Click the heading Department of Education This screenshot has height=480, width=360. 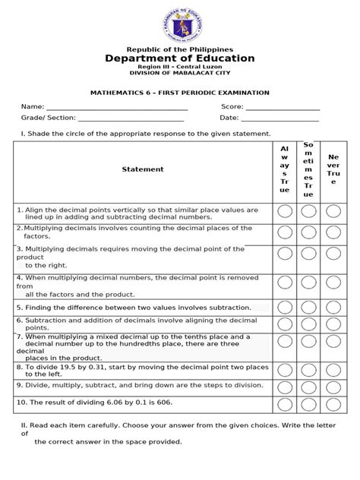(180, 58)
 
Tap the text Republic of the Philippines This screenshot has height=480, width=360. (180, 48)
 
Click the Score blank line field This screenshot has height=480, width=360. (283, 109)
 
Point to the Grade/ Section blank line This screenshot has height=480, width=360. (131, 119)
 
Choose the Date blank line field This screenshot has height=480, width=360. (280, 119)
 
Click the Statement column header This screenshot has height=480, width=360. (143, 169)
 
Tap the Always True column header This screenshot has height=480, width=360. (284, 169)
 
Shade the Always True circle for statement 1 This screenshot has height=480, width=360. (284, 212)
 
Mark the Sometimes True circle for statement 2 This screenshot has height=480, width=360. (308, 232)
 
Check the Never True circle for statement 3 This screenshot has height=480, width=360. (333, 255)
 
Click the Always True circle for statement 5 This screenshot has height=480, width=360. (284, 308)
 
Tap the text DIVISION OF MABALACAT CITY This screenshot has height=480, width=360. (180, 74)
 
